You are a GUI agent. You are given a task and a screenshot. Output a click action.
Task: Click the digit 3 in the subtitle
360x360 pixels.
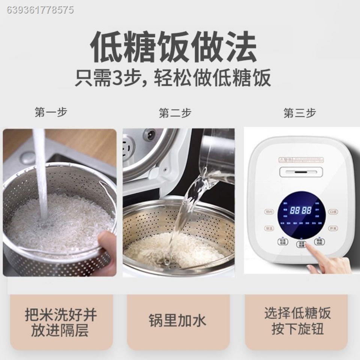tap(119, 79)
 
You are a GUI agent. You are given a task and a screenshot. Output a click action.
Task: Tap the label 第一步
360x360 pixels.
tap(51, 112)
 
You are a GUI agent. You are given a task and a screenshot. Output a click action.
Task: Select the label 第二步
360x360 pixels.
tap(175, 113)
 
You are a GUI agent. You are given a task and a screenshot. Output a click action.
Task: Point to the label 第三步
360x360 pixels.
tap(300, 113)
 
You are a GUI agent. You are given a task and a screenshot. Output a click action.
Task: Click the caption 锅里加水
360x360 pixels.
tap(178, 321)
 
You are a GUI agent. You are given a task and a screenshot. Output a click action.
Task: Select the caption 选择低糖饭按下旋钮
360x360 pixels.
tap(298, 321)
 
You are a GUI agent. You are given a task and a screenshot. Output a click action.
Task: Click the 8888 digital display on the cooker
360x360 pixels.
tap(301, 210)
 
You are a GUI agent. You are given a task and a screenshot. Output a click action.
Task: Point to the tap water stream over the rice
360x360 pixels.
tap(40, 172)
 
